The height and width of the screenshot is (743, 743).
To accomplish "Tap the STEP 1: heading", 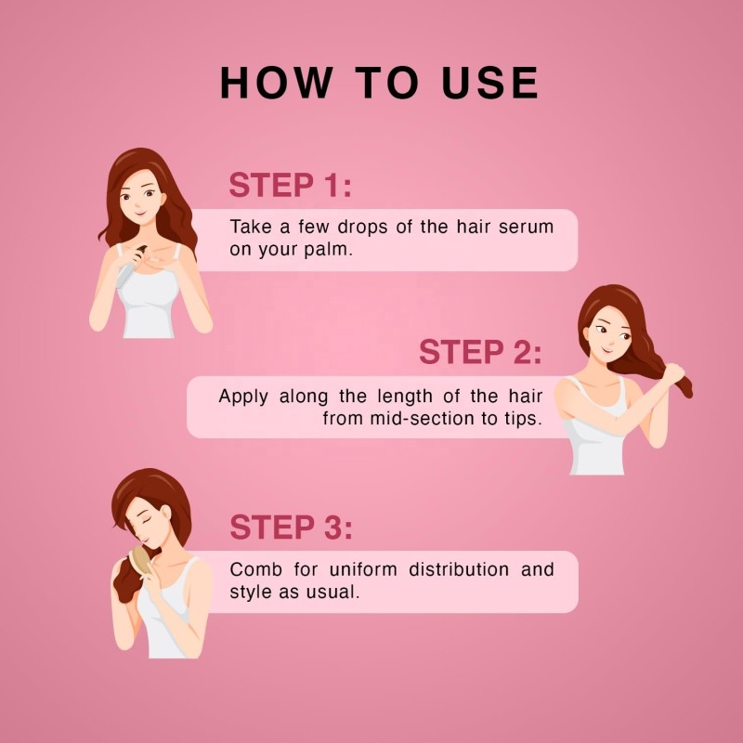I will [x=291, y=185].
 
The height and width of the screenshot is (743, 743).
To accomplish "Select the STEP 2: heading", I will [x=479, y=352].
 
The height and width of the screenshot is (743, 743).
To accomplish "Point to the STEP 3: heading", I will [x=291, y=528].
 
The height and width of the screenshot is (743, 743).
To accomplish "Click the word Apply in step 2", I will [x=242, y=396].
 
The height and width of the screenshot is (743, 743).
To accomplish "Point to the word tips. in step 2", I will [x=522, y=419].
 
